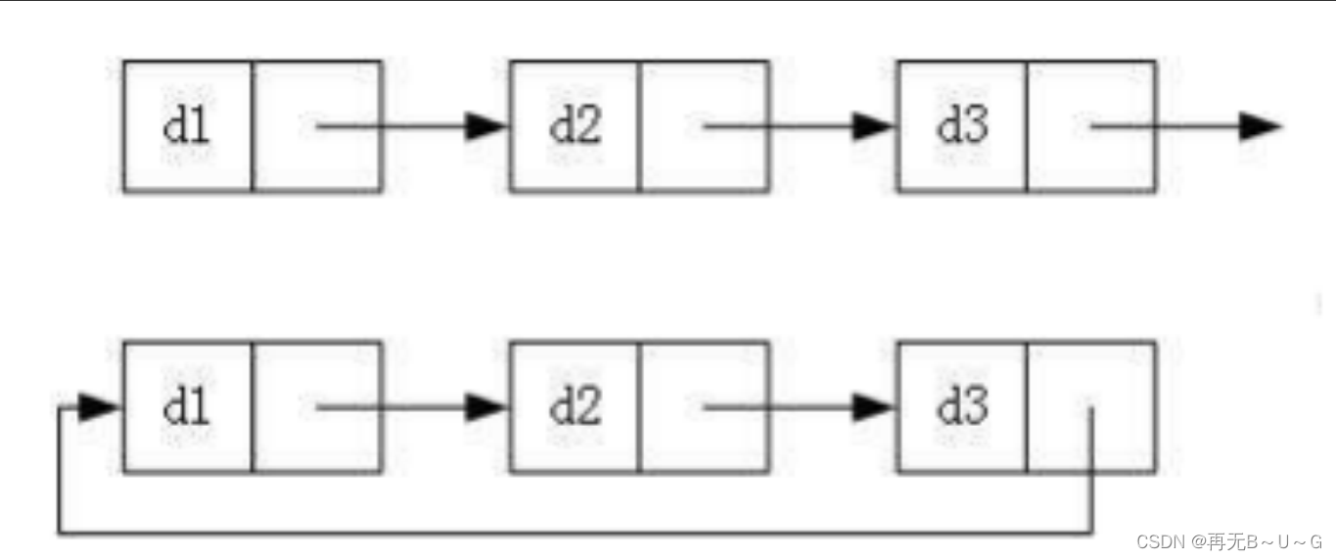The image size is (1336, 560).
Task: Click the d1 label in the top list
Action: (186, 126)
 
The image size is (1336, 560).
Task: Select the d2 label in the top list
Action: (576, 126)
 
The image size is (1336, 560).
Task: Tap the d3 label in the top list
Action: (963, 126)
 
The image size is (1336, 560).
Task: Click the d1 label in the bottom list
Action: (186, 407)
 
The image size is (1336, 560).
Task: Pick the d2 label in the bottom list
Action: (576, 407)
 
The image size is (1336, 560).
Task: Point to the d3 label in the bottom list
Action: (963, 407)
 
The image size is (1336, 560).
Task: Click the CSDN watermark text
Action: (1229, 541)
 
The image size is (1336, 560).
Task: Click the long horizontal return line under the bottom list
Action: (576, 532)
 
